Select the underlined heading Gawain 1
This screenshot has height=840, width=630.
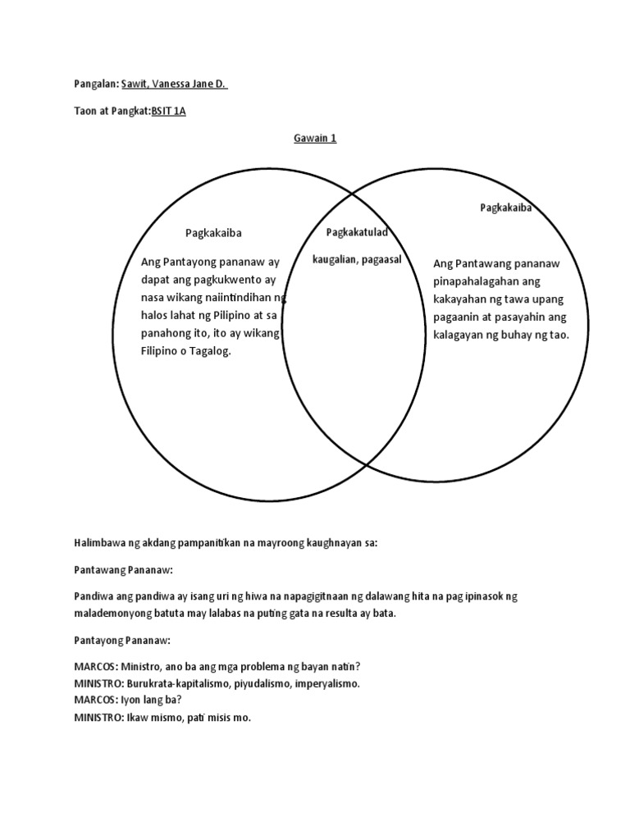point(315,139)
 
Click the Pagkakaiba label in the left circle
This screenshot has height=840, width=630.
point(213,233)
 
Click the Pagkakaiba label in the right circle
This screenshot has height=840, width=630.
point(506,208)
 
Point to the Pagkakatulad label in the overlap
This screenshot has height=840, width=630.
point(357,233)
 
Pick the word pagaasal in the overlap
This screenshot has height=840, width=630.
point(383,259)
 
